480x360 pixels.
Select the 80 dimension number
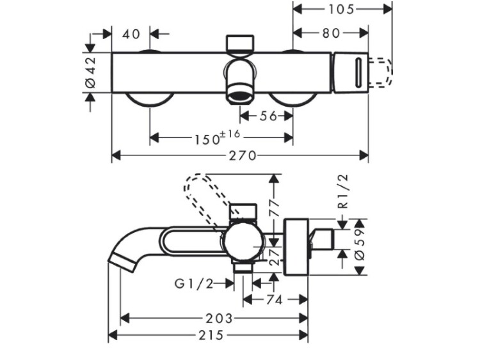click(330, 33)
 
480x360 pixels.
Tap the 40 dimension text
click(131, 33)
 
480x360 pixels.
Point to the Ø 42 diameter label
click(90, 71)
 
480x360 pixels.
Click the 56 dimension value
click(268, 116)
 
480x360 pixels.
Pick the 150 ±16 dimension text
click(216, 137)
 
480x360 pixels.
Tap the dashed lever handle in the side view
click(205, 192)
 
